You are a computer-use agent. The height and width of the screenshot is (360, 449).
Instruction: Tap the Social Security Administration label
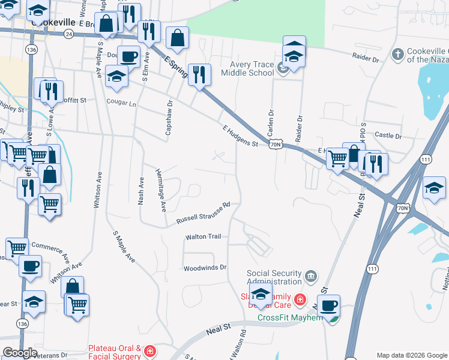click(x=274, y=277)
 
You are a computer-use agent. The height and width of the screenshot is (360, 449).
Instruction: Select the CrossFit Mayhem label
click(x=291, y=317)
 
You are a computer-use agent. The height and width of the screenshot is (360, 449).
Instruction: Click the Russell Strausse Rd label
click(x=203, y=213)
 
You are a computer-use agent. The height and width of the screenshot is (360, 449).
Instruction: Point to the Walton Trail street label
click(x=203, y=236)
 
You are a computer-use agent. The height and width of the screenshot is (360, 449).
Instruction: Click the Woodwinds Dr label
click(x=205, y=268)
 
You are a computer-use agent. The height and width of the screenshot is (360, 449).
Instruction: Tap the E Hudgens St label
click(x=240, y=136)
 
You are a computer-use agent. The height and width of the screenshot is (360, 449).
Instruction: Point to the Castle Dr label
click(x=387, y=136)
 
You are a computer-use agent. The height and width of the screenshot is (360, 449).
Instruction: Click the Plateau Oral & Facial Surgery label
click(x=115, y=352)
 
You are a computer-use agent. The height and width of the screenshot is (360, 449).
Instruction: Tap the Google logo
click(x=20, y=353)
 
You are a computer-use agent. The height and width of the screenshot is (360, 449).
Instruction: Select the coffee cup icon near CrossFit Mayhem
click(x=328, y=305)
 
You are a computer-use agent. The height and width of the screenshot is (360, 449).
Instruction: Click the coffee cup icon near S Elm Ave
click(x=128, y=56)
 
